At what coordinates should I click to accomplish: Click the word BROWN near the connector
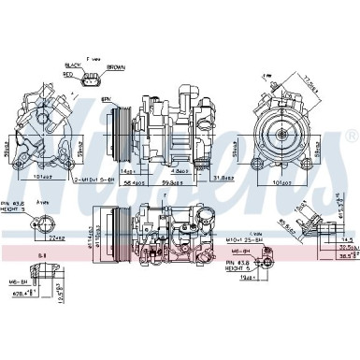[x=116, y=67]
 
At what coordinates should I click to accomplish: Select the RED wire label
[x=67, y=75]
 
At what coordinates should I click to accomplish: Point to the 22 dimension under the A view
[x=61, y=236]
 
